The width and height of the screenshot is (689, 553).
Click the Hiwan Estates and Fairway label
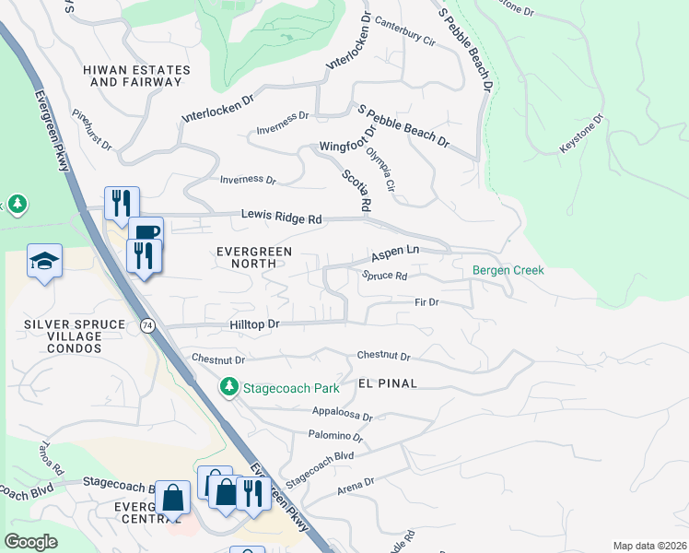[x=136, y=76]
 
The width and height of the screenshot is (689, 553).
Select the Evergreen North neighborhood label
[x=253, y=257]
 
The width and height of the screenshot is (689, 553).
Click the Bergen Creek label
[x=508, y=270]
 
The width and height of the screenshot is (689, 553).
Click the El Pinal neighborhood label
[x=384, y=382]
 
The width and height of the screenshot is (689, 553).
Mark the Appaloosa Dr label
[x=342, y=416]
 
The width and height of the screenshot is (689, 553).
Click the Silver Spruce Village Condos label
[x=69, y=334]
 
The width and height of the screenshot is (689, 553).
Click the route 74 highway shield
[x=147, y=325]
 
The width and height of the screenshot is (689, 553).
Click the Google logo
[x=31, y=542]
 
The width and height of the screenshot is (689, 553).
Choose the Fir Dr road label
[x=426, y=301]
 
